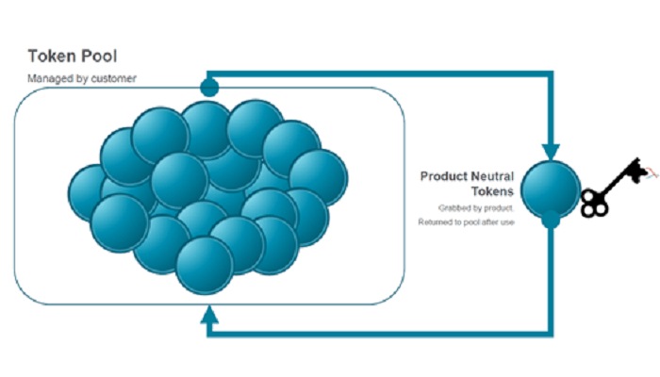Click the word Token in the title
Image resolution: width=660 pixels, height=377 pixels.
click(x=51, y=56)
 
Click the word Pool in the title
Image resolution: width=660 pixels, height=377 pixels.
click(x=99, y=56)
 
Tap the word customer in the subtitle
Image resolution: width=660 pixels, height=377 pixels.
click(x=114, y=78)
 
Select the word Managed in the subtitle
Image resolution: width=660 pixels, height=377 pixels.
click(x=44, y=78)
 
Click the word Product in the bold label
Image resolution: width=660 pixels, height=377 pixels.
click(x=441, y=176)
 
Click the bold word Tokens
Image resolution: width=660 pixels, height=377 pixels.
click(x=492, y=191)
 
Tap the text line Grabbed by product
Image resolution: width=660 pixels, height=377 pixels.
click(x=476, y=208)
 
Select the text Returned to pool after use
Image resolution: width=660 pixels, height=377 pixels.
click(x=466, y=222)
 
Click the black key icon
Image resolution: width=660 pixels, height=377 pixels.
click(x=615, y=188)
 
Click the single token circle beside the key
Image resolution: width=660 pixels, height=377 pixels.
click(x=551, y=189)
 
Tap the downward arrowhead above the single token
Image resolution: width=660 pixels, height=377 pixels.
click(x=551, y=152)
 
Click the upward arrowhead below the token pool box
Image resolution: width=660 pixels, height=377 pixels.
click(x=209, y=315)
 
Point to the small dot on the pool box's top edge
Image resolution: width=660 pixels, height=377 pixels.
click(x=209, y=88)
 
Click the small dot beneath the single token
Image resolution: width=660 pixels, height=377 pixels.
click(x=551, y=220)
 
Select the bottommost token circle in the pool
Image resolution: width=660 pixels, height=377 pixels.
click(x=205, y=266)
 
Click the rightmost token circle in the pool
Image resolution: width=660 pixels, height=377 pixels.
click(x=319, y=178)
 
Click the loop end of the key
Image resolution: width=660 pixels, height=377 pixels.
click(x=594, y=204)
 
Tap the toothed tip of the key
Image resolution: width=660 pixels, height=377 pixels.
click(x=639, y=170)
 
